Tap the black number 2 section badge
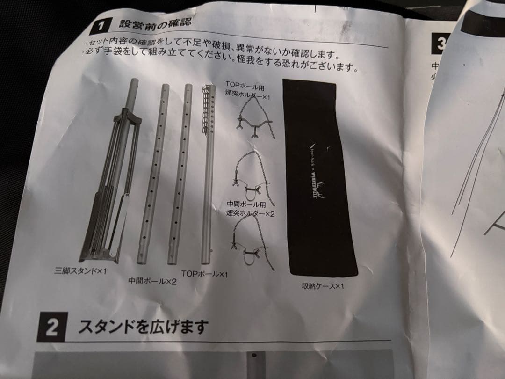coord(52,327)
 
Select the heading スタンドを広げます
coord(142,325)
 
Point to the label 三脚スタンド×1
coord(80,270)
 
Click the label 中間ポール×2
coord(152,281)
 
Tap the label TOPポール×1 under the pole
coord(204,273)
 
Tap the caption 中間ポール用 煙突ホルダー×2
coord(250,209)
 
